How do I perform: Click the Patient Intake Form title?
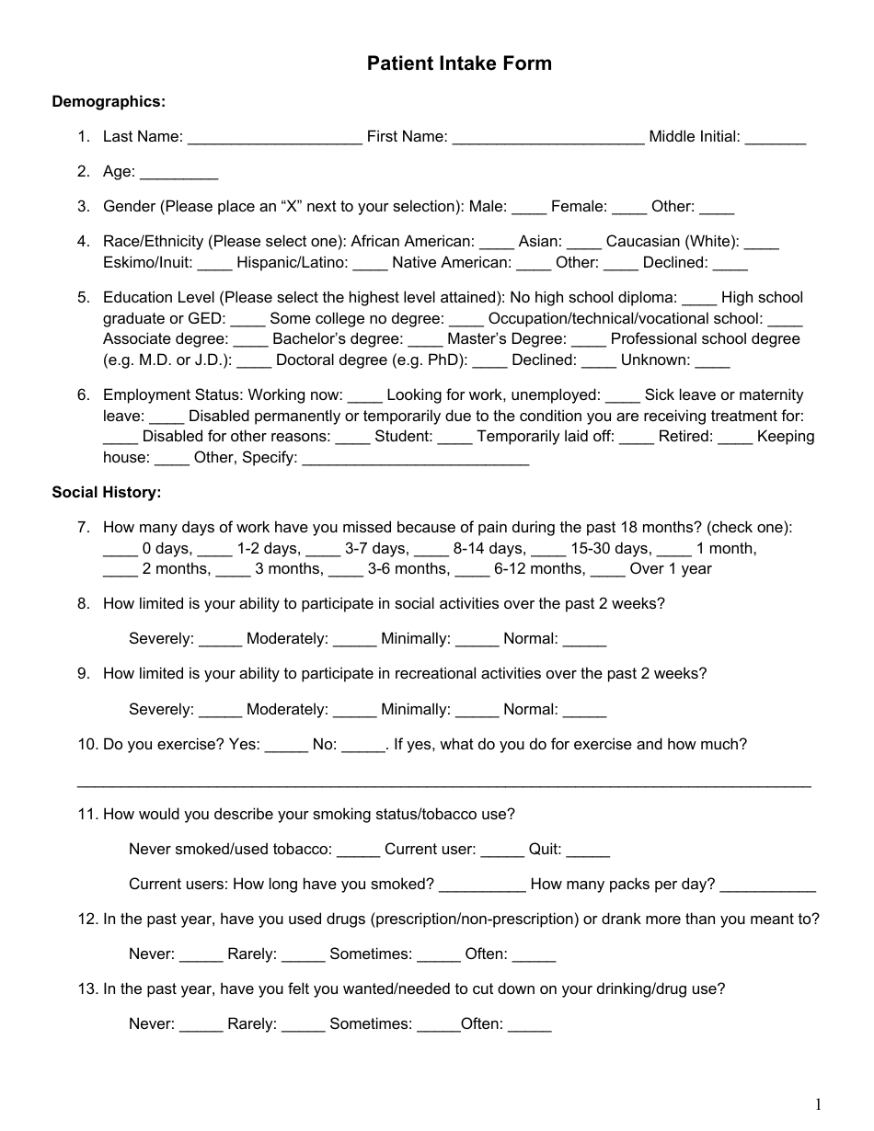[459, 63]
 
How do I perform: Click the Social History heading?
[107, 493]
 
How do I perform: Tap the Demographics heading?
[109, 101]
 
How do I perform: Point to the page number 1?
[817, 1104]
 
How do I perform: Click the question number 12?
[88, 920]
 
